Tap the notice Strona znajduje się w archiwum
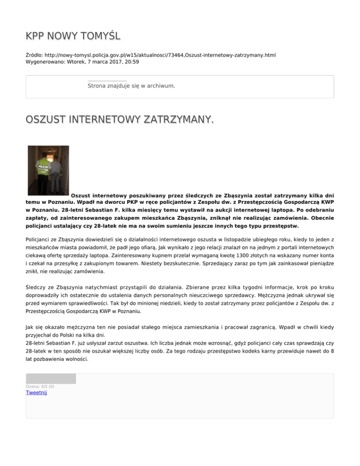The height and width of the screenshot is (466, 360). [x=131, y=86]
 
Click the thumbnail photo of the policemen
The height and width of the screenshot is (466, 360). [x=48, y=170]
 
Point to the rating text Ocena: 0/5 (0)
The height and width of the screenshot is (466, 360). [x=40, y=386]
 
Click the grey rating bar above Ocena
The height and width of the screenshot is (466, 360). [x=51, y=378]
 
